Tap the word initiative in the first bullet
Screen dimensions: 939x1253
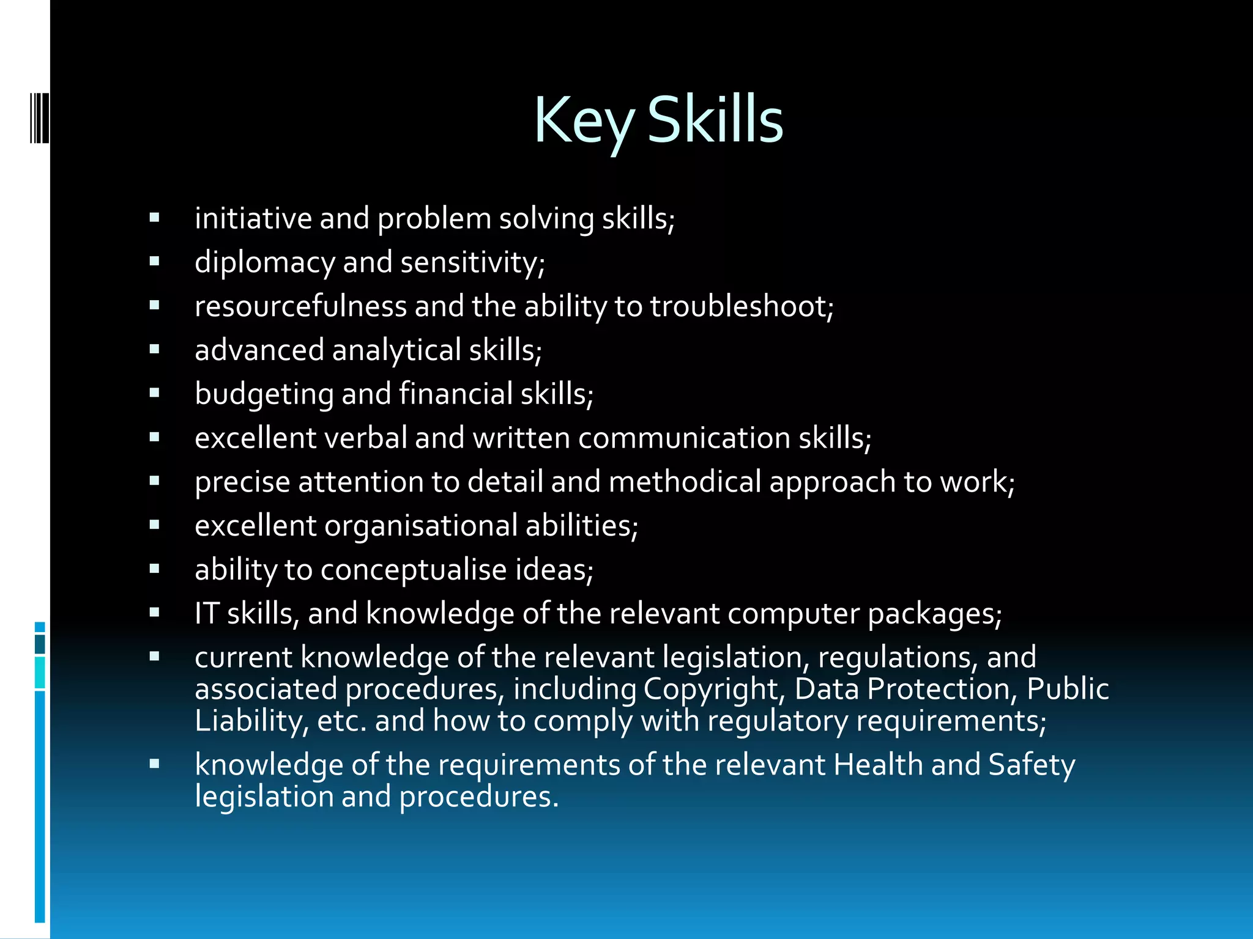pos(253,218)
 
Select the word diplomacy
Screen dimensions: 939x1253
pos(264,263)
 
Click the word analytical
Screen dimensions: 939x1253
pos(396,350)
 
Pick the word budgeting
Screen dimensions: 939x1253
pos(264,394)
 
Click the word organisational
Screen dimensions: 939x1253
pos(420,526)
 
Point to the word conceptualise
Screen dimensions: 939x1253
pos(413,570)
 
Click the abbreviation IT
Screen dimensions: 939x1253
pos(206,613)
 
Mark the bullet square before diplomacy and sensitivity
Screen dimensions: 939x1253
pos(154,262)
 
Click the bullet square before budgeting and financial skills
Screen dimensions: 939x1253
pos(154,393)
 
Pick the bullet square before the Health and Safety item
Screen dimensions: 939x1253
pos(154,764)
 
